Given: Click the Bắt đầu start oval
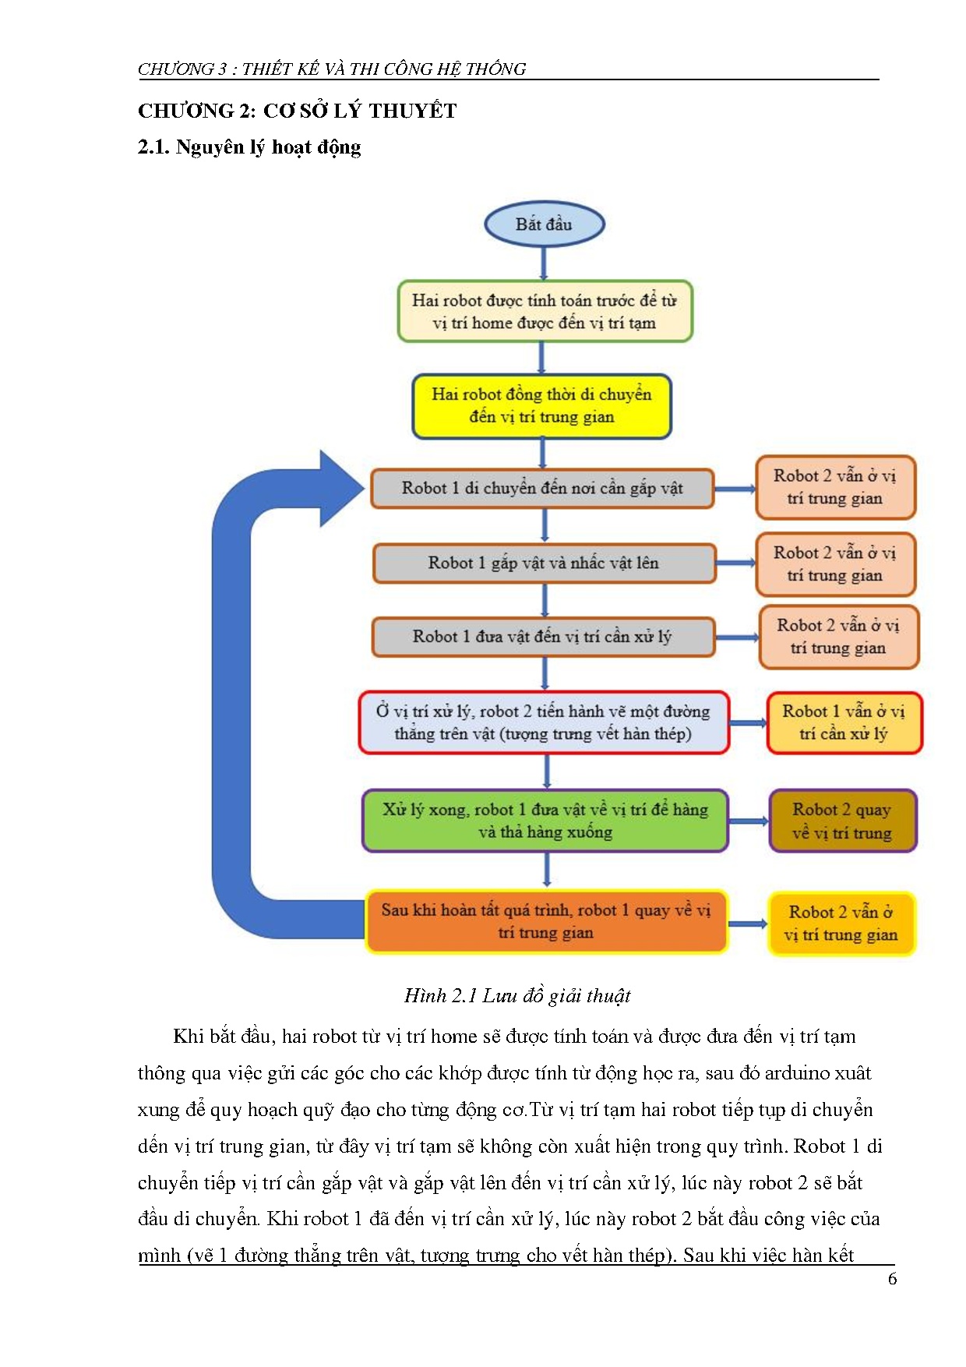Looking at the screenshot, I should point(544,224).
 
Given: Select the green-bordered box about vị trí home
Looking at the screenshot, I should point(545,312).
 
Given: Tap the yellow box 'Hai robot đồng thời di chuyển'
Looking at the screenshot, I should point(541,406).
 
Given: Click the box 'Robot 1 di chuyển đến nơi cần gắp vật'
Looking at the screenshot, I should point(541,489).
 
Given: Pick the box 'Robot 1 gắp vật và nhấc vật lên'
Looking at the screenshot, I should point(544,563).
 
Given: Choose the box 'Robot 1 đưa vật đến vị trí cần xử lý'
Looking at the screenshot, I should point(542,637).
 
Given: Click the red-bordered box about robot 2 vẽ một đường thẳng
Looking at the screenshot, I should point(544,722).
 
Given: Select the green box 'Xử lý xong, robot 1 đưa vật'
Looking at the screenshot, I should point(545,821).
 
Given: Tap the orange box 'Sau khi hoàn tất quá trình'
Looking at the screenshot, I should point(545,921).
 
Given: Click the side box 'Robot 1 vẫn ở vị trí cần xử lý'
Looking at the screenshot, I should point(844,722).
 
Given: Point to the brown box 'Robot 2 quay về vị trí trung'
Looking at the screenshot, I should point(842,821).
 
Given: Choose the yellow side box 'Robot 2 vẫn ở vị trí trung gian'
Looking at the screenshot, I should point(841,924).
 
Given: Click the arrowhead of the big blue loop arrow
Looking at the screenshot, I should point(341,489).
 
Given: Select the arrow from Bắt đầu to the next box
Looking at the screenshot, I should point(543,263).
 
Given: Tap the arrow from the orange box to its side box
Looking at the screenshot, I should point(748,924).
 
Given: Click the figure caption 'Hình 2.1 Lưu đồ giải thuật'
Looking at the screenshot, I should point(516,995).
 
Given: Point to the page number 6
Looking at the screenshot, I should point(893,1279).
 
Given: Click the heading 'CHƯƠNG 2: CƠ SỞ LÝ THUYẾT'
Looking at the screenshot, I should point(297,111).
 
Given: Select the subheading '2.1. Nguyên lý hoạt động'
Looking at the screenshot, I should point(249,147).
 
